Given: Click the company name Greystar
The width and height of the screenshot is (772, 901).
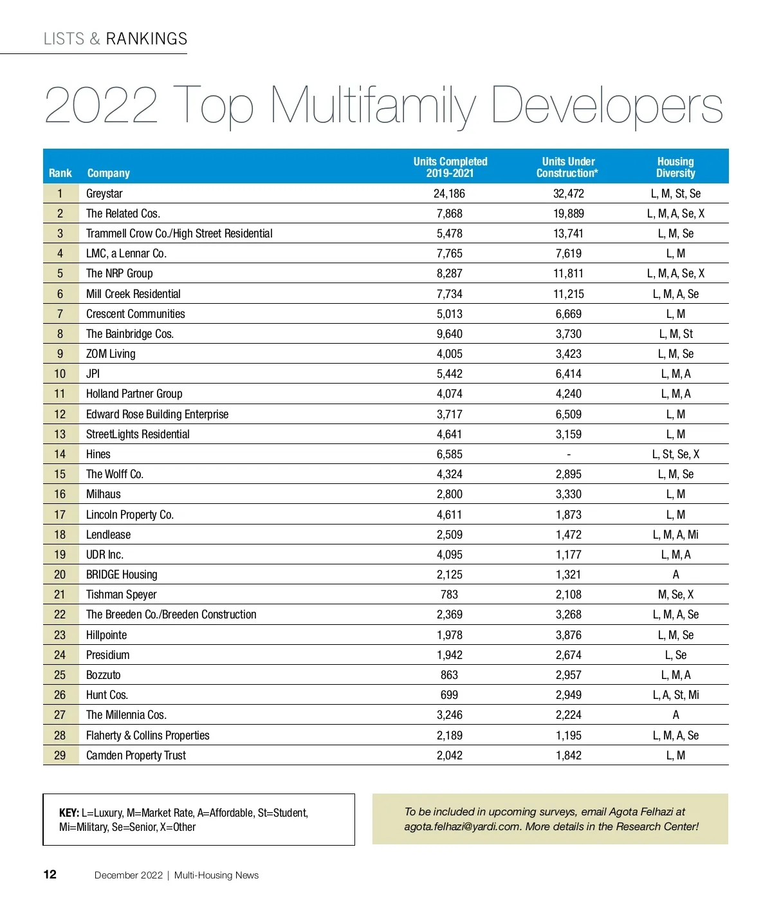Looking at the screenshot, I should click(104, 194).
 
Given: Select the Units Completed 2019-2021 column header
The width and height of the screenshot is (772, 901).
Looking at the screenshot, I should click(450, 167).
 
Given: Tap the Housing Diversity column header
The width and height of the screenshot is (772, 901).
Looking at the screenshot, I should click(675, 167).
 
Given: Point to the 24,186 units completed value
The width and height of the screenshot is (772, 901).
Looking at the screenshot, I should click(449, 194).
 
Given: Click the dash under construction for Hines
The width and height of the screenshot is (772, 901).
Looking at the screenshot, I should click(569, 454).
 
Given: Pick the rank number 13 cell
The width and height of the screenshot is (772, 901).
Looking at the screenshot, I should click(60, 434).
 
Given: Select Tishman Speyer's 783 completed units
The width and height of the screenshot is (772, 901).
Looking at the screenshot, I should click(449, 595).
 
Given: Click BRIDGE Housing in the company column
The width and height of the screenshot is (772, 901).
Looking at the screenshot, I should click(122, 575).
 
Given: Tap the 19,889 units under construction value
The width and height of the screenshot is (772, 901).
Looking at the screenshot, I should click(569, 214).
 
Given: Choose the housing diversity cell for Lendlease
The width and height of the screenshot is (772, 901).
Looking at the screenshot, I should click(675, 535).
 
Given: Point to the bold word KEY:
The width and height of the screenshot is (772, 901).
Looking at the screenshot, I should click(69, 813).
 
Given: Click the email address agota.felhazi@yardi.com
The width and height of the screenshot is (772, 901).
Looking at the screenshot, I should click(462, 827).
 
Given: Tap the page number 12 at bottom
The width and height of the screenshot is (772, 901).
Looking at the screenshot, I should click(50, 875).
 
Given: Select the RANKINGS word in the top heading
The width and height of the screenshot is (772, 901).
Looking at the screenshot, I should click(147, 39).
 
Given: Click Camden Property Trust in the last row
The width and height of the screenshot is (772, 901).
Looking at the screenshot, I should click(136, 756).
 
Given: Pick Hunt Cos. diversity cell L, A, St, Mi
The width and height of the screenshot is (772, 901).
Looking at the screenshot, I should click(675, 695).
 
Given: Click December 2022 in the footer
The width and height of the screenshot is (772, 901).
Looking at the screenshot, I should click(129, 875).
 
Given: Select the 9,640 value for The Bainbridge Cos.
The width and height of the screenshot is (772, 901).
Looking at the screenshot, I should click(449, 334).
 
